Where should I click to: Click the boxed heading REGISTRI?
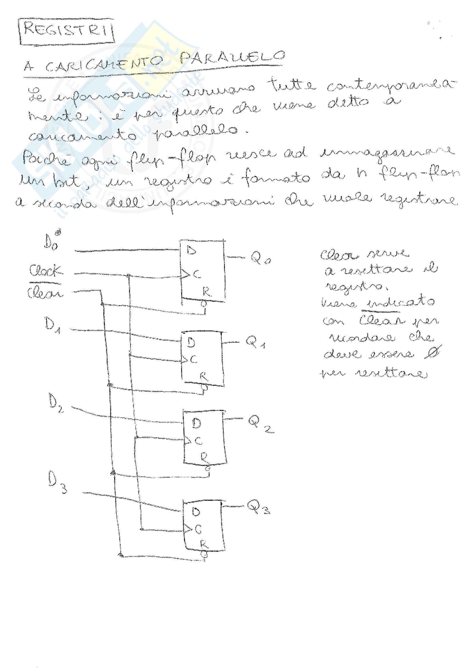click(66, 31)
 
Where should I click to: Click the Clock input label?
click(45, 271)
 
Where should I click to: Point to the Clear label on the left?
click(45, 292)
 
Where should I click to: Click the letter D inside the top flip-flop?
click(191, 250)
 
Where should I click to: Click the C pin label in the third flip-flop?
click(198, 441)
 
